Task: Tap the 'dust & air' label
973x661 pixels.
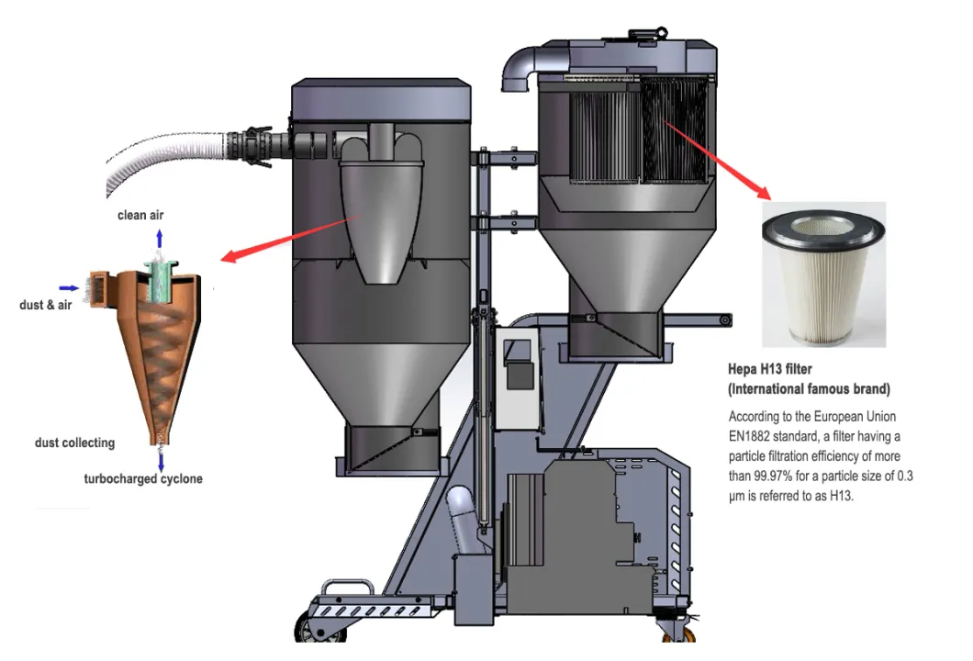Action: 46,305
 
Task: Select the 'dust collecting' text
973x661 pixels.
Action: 74,443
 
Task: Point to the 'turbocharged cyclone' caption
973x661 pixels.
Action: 143,478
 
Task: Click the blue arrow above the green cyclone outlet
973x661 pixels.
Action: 160,241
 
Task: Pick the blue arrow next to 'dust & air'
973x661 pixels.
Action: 70,287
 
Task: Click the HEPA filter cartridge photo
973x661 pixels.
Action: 823,274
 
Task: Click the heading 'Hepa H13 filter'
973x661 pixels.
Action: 769,369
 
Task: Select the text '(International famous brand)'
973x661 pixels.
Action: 809,388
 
